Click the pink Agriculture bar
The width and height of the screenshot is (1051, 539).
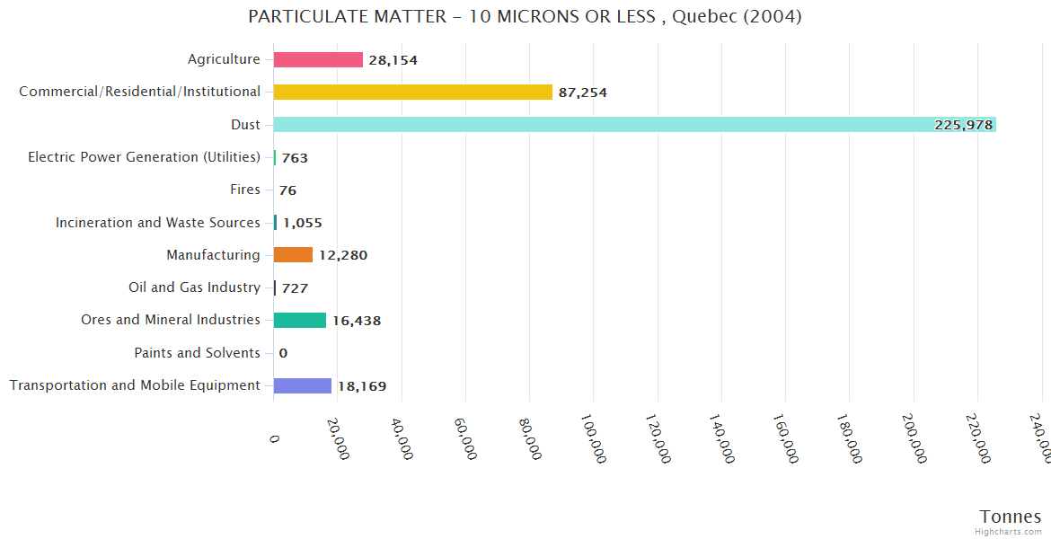pyautogui.click(x=318, y=59)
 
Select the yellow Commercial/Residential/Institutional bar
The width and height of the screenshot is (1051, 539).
pyautogui.click(x=412, y=92)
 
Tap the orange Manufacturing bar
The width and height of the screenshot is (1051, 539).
pyautogui.click(x=293, y=255)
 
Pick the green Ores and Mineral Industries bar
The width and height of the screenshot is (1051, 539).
pyautogui.click(x=300, y=320)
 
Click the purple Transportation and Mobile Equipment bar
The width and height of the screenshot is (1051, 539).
pyautogui.click(x=303, y=385)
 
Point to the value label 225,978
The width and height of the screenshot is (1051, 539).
pyautogui.click(x=963, y=125)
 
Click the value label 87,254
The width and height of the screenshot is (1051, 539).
pyautogui.click(x=583, y=93)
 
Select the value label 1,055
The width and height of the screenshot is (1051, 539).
pyautogui.click(x=302, y=223)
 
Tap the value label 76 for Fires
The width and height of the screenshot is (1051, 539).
pyautogui.click(x=287, y=190)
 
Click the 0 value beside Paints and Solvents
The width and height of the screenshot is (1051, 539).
pyautogui.click(x=283, y=353)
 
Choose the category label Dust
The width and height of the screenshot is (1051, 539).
pyautogui.click(x=245, y=124)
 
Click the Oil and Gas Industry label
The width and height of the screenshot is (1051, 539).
pyautogui.click(x=194, y=287)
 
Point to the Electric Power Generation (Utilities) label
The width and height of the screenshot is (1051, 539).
pyautogui.click(x=144, y=157)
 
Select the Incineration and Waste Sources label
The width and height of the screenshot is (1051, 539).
pyautogui.click(x=157, y=222)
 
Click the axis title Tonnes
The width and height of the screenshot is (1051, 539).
pyautogui.click(x=1010, y=516)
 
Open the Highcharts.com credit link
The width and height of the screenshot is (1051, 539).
pyautogui.click(x=1008, y=532)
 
